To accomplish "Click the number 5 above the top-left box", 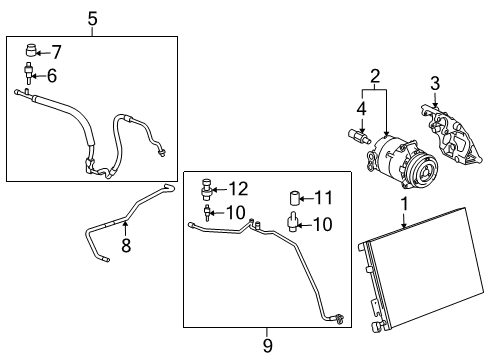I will pos(92,18).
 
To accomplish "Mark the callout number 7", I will pos(56,51).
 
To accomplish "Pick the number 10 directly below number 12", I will pos(237,211).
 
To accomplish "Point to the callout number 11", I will pos(322,197).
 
